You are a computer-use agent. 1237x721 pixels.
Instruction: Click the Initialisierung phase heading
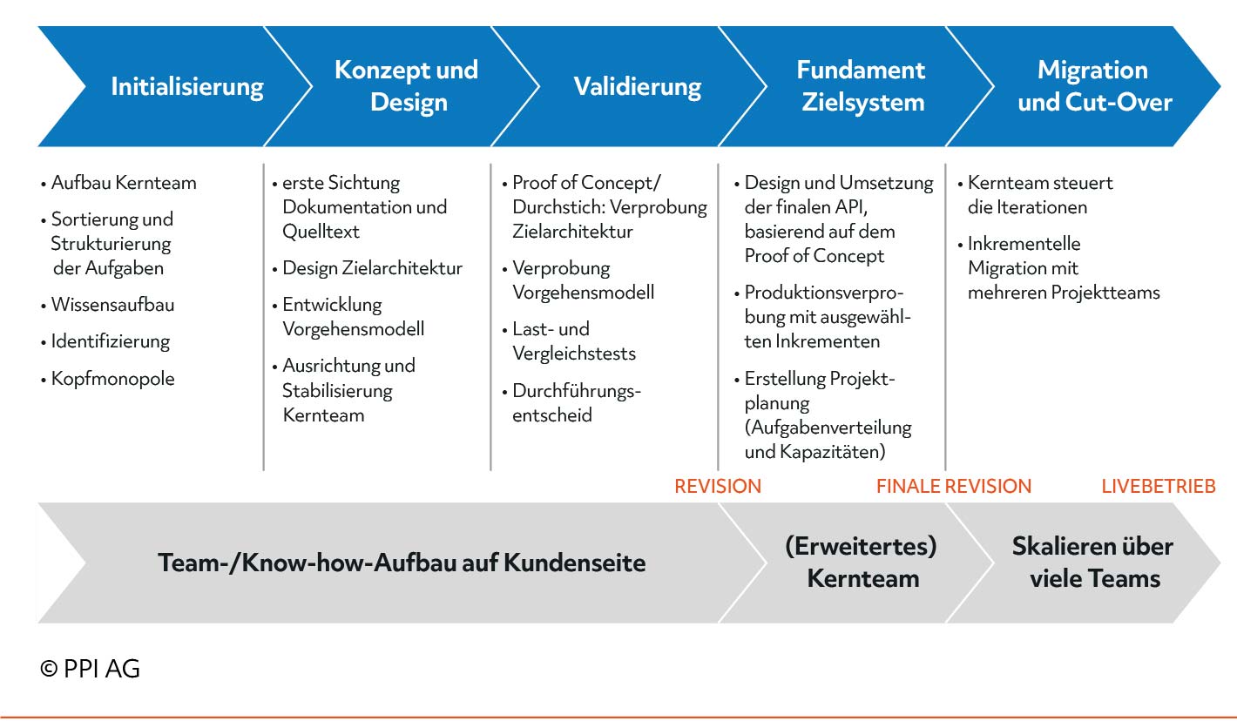tap(187, 87)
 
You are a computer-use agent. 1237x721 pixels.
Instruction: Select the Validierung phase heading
tap(638, 87)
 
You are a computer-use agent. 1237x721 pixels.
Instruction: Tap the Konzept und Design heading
tap(407, 86)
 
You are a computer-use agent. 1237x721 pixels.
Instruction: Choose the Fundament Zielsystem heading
tap(862, 86)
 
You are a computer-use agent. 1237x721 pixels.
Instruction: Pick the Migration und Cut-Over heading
tap(1094, 86)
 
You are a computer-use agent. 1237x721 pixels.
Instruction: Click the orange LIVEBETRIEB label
tap(1158, 486)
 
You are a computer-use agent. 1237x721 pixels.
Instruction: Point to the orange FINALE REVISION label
tap(954, 486)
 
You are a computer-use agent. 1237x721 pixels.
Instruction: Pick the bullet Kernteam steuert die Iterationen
tap(1035, 195)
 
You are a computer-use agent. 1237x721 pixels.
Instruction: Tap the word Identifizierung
tap(111, 341)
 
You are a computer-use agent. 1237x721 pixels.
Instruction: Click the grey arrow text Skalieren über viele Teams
tap(1093, 562)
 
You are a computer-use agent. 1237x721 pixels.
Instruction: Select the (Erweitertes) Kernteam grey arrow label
tap(861, 562)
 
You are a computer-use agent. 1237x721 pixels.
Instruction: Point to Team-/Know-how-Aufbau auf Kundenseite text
tap(402, 563)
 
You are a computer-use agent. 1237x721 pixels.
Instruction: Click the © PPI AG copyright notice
tap(90, 669)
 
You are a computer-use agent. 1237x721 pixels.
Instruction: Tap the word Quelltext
tap(321, 232)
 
